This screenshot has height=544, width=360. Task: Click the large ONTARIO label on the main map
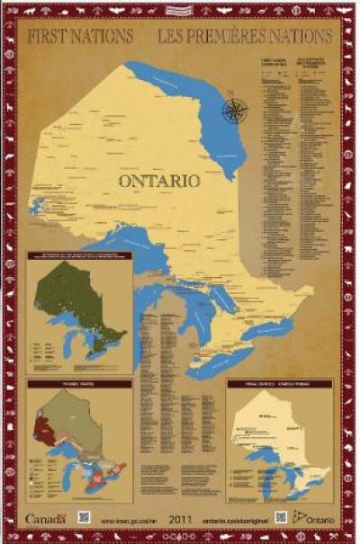click(x=158, y=180)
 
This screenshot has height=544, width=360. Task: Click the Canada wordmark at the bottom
click(x=46, y=519)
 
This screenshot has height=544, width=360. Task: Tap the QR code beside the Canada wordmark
click(x=84, y=518)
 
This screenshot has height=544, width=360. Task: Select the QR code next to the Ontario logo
click(x=281, y=517)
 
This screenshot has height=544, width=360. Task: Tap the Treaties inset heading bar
click(x=79, y=384)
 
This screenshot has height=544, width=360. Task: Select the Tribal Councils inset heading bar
click(x=279, y=383)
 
